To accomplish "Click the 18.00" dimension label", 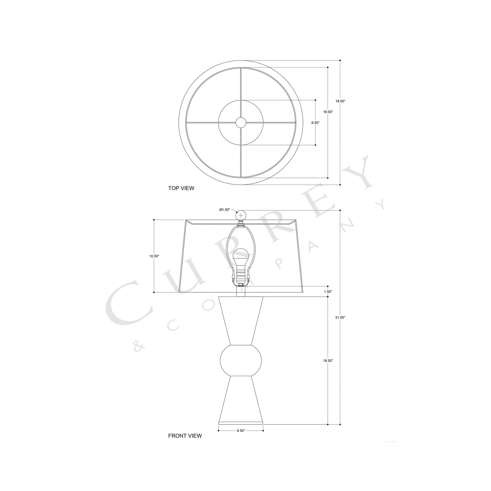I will tap(340, 101).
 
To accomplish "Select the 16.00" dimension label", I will tap(328, 112).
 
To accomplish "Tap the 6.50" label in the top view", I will tap(315, 123).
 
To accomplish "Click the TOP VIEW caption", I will tap(181, 188).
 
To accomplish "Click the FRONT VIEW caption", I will tap(185, 436).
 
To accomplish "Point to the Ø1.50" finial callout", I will tap(225, 210).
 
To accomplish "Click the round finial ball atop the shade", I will tap(241, 215).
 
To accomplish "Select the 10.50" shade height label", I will tap(154, 256).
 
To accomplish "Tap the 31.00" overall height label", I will tap(340, 317).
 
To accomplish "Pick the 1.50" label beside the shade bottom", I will tap(328, 292).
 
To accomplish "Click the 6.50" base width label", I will tap(241, 431).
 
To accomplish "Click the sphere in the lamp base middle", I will tap(241, 361).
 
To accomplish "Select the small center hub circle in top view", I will tap(241, 123).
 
